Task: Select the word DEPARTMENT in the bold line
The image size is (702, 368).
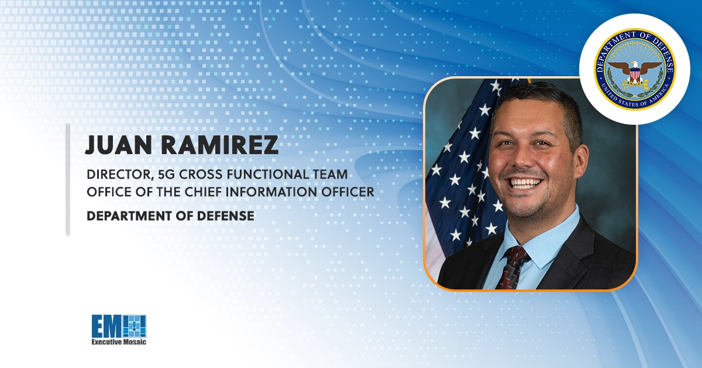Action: point(128,216)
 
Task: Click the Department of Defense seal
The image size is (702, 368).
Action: point(635,70)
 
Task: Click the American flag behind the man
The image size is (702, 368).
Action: point(462,176)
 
